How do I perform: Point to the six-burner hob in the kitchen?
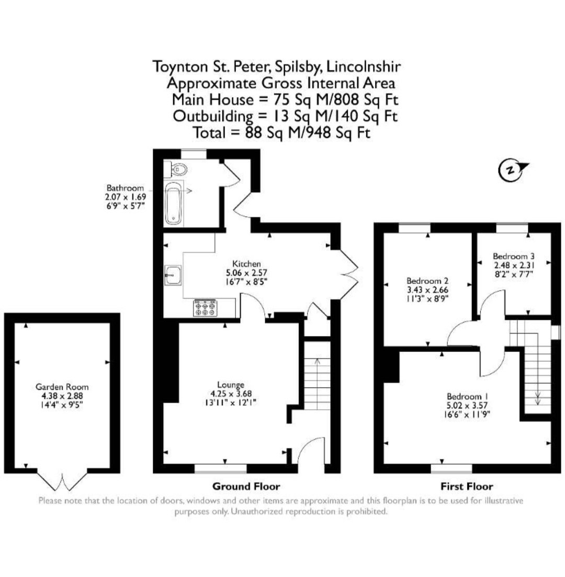205,308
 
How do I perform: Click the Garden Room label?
62,387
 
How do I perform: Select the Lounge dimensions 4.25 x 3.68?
231,394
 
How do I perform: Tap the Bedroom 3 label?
514,256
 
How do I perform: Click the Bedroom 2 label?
427,281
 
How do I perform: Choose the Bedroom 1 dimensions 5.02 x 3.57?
467,405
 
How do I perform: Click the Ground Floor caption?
246,487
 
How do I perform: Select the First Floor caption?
467,487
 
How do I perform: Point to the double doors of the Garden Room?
62,480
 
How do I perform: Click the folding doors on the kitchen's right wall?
349,275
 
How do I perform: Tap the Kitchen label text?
246,263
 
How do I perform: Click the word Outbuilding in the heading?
213,116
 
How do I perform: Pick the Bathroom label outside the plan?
125,188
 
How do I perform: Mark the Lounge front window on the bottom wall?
221,468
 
